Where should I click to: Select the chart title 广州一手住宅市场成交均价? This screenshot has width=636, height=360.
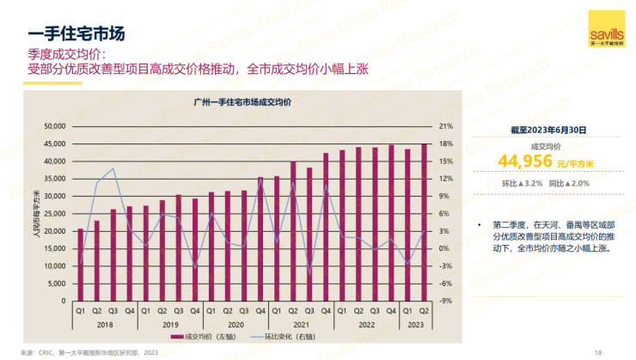(x=242, y=101)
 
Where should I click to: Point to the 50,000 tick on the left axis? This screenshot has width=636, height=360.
(x=54, y=126)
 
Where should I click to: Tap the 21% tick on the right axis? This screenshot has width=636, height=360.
(x=446, y=126)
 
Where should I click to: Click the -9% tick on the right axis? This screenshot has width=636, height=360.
(x=445, y=301)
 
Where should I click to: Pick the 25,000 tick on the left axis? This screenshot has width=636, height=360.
(x=54, y=214)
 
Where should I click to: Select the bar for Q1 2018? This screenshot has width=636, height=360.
(x=81, y=265)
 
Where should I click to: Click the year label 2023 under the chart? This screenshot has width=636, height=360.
(x=416, y=325)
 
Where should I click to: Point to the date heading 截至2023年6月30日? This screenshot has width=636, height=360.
(x=549, y=130)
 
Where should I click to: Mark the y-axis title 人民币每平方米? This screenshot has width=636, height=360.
(x=36, y=214)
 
